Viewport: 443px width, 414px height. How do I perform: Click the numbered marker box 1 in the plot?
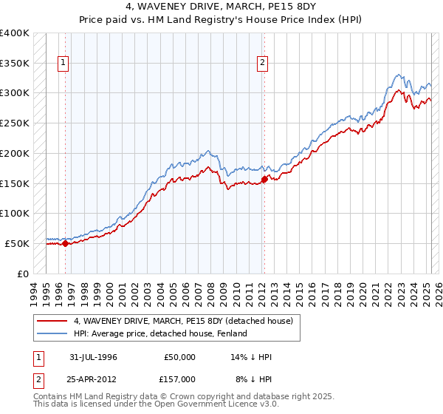click(64, 64)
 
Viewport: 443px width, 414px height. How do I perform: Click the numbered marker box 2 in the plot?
click(263, 64)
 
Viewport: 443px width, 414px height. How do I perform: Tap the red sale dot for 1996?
click(65, 242)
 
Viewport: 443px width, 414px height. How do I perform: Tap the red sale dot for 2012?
click(264, 178)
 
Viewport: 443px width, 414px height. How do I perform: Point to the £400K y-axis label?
click(15, 33)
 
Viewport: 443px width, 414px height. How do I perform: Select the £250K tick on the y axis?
click(15, 123)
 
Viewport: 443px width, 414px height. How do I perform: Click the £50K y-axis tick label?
click(18, 243)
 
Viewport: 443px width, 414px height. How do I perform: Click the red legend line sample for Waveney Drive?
click(52, 321)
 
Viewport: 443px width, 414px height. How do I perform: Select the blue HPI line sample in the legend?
click(52, 333)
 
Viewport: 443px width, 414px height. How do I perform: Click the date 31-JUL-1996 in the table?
click(93, 357)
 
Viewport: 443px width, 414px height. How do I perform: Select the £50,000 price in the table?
click(179, 357)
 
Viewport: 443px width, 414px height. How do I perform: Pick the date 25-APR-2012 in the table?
click(93, 379)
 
